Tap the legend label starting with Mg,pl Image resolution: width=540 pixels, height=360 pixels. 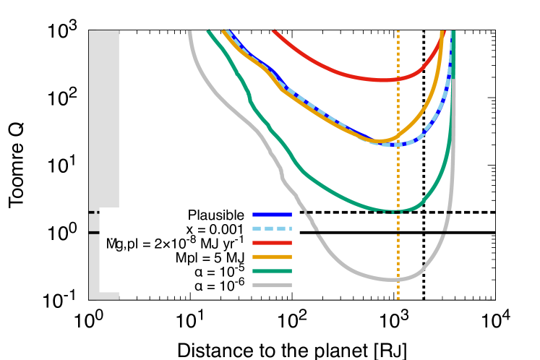[173, 243]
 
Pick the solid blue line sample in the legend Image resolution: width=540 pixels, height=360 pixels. [272, 215]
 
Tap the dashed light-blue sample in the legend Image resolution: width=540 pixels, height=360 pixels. [272, 229]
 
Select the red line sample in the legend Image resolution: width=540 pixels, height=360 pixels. [272, 243]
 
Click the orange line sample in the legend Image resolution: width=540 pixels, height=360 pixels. [272, 257]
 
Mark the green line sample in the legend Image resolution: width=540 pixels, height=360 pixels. [272, 271]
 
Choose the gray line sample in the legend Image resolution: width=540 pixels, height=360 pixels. [272, 286]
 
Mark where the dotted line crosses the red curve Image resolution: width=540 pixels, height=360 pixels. [398, 79]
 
